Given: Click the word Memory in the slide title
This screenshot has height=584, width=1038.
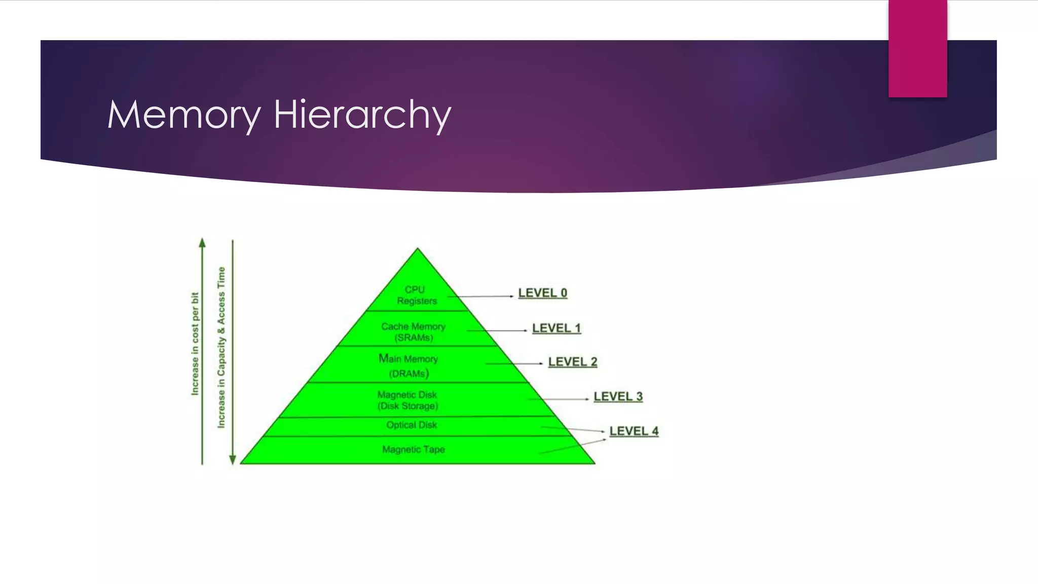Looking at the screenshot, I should (184, 115).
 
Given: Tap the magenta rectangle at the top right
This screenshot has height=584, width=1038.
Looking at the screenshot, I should (917, 48).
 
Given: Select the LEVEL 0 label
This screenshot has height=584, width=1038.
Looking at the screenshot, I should (542, 293).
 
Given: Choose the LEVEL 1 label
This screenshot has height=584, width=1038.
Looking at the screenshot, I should (556, 328).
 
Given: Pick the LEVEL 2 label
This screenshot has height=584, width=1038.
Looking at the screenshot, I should (573, 362).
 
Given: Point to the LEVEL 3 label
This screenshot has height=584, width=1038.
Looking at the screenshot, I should (618, 396).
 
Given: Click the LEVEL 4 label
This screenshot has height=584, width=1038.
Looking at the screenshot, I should (634, 431).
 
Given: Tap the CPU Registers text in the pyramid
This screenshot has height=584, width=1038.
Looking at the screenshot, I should (416, 295).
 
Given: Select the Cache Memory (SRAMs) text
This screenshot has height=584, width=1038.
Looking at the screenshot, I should (414, 332).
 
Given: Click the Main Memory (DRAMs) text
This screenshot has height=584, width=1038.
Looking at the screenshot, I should (409, 366).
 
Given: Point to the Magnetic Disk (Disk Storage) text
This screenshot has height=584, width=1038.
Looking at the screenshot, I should (407, 400).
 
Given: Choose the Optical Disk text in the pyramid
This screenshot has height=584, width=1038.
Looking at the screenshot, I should (412, 425).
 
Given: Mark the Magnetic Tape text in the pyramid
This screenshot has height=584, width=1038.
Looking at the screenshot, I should (414, 449).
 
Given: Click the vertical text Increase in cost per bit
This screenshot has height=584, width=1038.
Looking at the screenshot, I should (195, 344).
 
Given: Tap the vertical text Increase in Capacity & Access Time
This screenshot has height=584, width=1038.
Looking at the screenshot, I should (221, 347).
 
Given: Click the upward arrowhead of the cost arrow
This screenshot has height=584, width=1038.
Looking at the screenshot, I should (202, 243).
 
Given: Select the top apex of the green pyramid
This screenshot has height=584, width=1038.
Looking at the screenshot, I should (418, 249).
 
